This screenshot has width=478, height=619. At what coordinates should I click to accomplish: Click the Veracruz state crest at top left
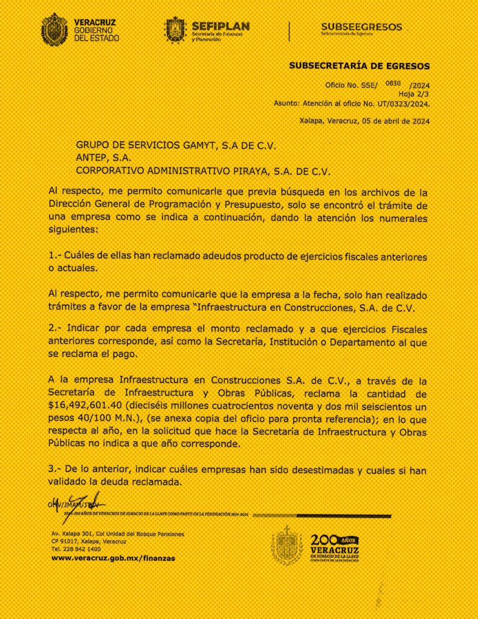coord(54,29)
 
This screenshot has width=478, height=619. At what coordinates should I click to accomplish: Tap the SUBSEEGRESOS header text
coord(361,27)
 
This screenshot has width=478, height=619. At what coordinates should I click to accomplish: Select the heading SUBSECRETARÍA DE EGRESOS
coord(360,66)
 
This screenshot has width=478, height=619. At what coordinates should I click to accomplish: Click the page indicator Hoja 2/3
coord(414,94)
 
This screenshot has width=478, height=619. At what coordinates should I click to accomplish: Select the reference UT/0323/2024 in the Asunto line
coord(401,103)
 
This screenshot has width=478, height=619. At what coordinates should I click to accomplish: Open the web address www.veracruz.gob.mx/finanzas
coord(114,559)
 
